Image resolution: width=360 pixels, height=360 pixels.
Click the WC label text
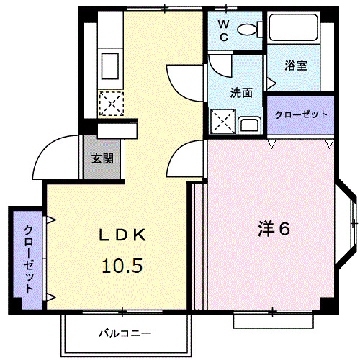tap(223, 31)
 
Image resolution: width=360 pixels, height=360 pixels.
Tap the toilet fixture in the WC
tap(248, 30)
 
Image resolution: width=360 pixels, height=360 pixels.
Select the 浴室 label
tap(296, 66)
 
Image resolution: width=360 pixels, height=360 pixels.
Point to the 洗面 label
tap(241, 93)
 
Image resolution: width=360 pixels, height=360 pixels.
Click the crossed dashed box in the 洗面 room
tap(222, 122)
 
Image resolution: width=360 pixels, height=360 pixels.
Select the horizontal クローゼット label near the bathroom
tap(301, 114)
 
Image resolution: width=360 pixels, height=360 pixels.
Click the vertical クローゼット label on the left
tap(28, 258)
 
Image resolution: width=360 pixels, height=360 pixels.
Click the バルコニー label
tap(125, 333)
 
